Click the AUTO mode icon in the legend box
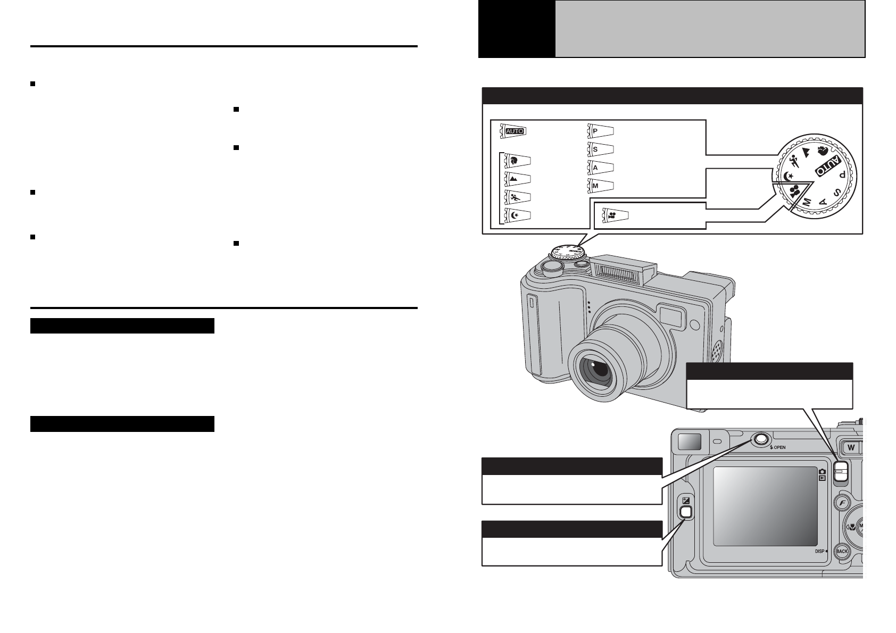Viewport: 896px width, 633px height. pyautogui.click(x=515, y=130)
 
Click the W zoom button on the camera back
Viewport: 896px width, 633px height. pyautogui.click(x=851, y=447)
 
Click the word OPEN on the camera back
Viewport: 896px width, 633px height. pyautogui.click(x=779, y=447)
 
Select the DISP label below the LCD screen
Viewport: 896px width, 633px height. pyautogui.click(x=820, y=552)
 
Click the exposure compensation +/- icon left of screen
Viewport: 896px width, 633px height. pyautogui.click(x=686, y=501)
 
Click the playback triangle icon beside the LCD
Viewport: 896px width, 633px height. pyautogui.click(x=822, y=478)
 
